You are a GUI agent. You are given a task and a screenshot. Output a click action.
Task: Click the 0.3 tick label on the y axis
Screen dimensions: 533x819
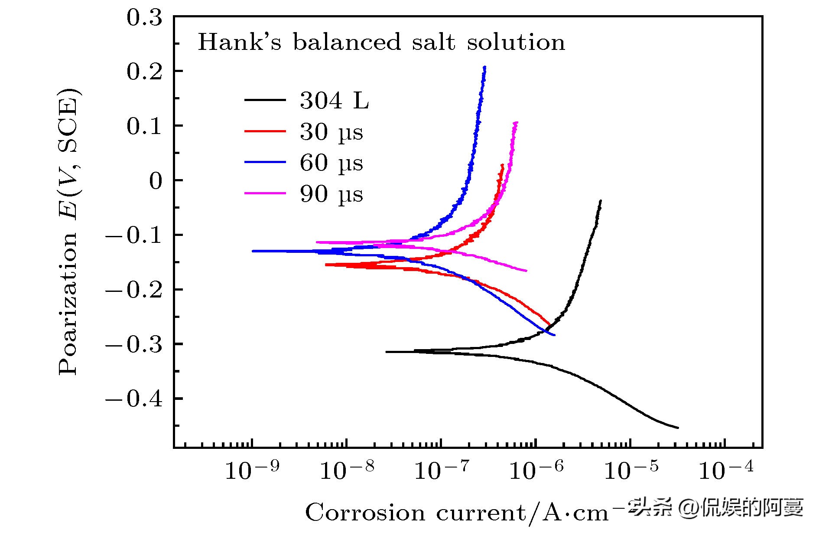tap(144, 18)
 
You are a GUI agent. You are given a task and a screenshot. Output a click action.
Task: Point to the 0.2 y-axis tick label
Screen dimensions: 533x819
tap(144, 72)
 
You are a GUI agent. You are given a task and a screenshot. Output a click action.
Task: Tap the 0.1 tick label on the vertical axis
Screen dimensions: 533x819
tap(144, 127)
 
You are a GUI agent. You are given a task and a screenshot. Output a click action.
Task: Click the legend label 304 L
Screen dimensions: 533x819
tap(334, 101)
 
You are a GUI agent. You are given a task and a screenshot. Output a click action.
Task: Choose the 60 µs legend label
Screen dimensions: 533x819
tap(331, 163)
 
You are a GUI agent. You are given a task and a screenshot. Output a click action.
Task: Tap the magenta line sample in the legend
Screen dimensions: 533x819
tap(265, 193)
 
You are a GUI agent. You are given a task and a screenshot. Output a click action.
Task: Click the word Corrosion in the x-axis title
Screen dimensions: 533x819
tap(365, 513)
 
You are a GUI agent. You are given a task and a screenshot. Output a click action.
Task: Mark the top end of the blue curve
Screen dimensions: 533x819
tap(484, 67)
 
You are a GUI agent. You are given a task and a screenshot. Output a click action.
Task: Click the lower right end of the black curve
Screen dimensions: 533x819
tap(678, 428)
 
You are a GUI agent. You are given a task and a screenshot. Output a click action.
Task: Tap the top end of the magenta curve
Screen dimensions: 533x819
tap(516, 122)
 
